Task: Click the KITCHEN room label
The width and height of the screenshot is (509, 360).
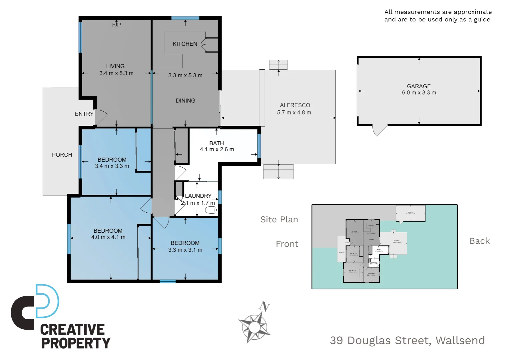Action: pos(185,44)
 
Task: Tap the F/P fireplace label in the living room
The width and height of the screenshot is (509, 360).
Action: pos(116,25)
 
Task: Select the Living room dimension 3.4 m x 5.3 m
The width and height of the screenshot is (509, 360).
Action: pos(116,73)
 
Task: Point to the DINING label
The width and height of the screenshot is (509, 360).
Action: pos(186,101)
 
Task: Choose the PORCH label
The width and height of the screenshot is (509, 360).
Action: pos(62,155)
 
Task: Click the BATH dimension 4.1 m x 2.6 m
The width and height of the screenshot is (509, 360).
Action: pos(217,150)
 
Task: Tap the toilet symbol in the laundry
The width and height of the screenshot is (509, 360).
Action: pos(211,210)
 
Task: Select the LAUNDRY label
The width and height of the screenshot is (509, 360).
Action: pos(198,196)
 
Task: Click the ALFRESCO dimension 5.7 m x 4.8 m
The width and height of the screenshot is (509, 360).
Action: pos(294,113)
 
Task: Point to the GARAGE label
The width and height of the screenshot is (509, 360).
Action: pos(419,86)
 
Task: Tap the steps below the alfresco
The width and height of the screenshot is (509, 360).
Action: pos(278,172)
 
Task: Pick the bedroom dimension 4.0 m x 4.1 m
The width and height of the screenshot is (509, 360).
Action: pos(108,237)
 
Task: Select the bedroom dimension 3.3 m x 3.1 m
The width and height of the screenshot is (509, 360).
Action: pos(185,250)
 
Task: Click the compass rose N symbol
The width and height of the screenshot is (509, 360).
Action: pos(264,306)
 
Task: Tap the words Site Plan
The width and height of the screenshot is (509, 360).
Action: pos(279,220)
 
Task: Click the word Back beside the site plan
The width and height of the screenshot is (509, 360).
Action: pos(480,241)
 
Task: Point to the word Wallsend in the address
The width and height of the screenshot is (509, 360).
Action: pos(460,340)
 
